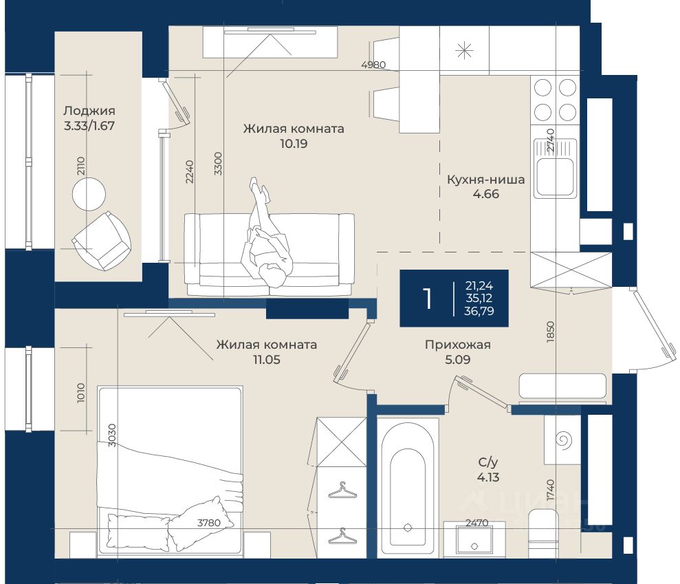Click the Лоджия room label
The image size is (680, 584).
pos(89,111)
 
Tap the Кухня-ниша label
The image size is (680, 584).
pos(485,180)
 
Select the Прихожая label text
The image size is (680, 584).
pos(457,345)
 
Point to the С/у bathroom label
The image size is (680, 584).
pos(488,462)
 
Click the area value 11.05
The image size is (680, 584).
pos(266,360)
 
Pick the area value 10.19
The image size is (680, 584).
pos(294,144)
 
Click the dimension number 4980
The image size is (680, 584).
pos(373,65)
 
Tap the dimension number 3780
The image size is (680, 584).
pos(209,523)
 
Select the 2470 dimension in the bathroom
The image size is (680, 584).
pos(476,523)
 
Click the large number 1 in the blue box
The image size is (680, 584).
pos(428,298)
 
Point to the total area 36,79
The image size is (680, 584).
pos(479,311)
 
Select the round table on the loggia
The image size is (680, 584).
pos(89,194)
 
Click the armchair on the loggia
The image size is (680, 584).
pos(102,241)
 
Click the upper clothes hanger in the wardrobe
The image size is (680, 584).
pos(342,490)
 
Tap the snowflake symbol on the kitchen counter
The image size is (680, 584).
pos(464,51)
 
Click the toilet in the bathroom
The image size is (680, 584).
pos(543,534)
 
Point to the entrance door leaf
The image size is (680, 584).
pos(655,325)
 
